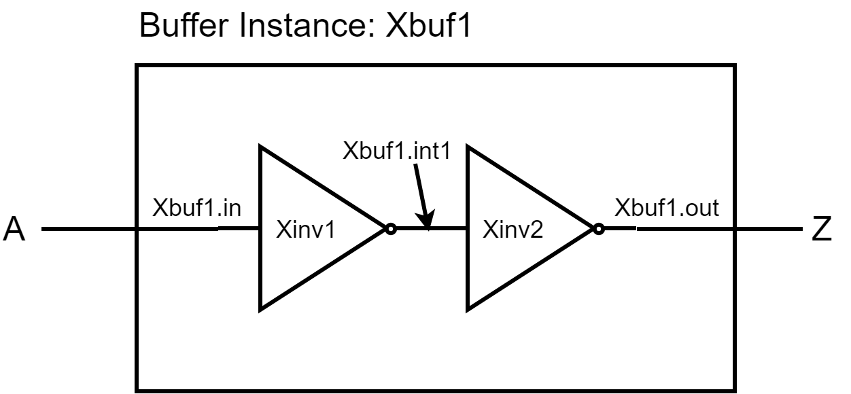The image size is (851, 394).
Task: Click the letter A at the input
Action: pyautogui.click(x=14, y=230)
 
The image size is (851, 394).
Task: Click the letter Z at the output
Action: pyautogui.click(x=822, y=230)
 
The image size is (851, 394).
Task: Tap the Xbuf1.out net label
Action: pyautogui.click(x=667, y=208)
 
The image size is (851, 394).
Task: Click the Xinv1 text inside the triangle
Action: pyautogui.click(x=307, y=230)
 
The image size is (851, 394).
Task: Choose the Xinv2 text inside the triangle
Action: pyautogui.click(x=513, y=230)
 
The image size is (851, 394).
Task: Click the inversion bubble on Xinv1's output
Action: pyautogui.click(x=390, y=230)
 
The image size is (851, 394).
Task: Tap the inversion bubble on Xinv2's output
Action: pyautogui.click(x=598, y=230)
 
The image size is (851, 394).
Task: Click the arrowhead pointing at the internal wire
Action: pyautogui.click(x=426, y=221)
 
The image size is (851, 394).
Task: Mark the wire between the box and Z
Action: pyautogui.click(x=768, y=230)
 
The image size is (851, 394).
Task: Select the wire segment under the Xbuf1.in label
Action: pyautogui.click(x=197, y=230)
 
